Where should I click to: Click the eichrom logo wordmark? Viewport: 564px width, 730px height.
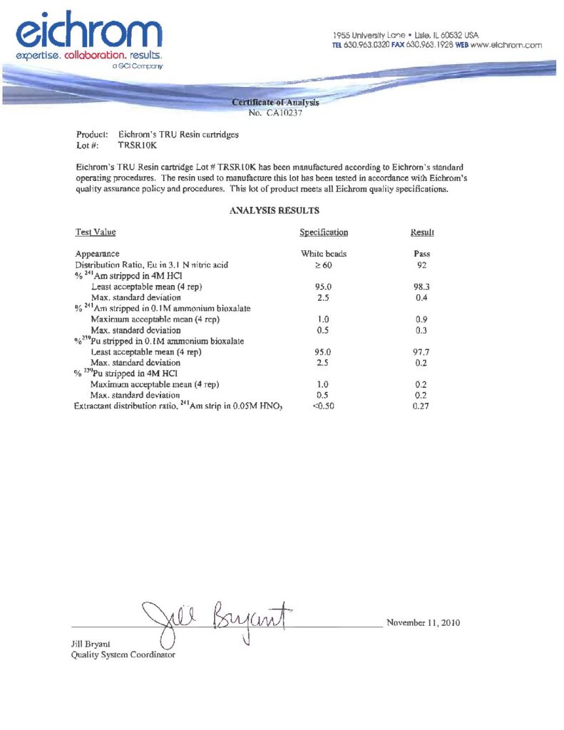[x=89, y=30]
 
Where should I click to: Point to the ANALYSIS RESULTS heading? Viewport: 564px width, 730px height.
[x=275, y=210]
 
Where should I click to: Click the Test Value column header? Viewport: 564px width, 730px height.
[x=96, y=232]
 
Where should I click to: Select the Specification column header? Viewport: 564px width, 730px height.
[x=324, y=232]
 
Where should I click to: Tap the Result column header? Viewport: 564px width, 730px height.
[x=422, y=232]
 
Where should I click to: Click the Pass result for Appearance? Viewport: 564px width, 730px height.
[x=422, y=253]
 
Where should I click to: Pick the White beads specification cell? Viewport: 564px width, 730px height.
[x=324, y=253]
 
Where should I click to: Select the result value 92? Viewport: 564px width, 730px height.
[x=422, y=264]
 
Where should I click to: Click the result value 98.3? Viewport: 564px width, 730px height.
[x=422, y=286]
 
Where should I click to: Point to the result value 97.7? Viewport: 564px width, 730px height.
[x=422, y=351]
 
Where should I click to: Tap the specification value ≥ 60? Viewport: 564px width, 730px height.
[x=324, y=264]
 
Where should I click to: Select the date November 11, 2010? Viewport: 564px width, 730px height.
[x=423, y=622]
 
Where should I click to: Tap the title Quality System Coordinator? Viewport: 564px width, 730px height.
[x=123, y=654]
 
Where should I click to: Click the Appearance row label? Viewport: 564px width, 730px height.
[x=98, y=253]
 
